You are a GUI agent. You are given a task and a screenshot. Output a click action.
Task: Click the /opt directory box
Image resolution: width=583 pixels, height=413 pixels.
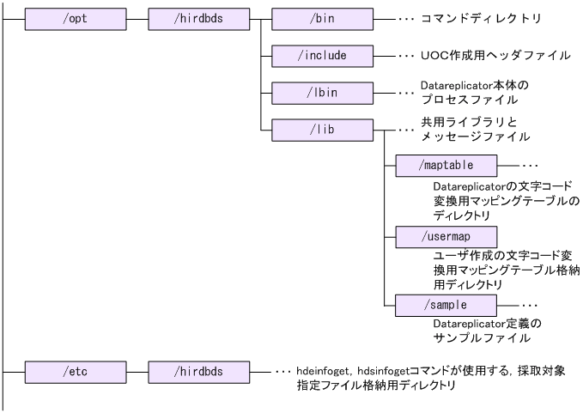[x=75, y=16]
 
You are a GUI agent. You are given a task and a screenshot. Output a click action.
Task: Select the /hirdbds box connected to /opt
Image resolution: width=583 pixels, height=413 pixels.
[x=197, y=16]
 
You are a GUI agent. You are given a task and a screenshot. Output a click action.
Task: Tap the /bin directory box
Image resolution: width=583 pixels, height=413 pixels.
[x=322, y=16]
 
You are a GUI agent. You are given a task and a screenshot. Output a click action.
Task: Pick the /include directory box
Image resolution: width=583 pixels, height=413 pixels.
[x=322, y=54]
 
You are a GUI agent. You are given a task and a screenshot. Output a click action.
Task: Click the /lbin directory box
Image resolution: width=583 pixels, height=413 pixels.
[x=322, y=91]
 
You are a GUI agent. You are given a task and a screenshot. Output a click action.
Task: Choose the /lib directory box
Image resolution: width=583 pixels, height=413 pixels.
[x=322, y=130]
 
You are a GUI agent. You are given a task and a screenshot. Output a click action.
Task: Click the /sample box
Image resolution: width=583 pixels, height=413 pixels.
[x=446, y=305]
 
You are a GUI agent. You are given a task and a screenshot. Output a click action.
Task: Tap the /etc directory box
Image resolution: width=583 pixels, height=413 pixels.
[x=75, y=373]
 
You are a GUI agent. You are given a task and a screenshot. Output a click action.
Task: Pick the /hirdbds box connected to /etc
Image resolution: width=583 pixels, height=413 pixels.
[x=197, y=373]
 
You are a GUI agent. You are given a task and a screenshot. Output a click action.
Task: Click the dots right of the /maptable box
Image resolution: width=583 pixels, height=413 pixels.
[x=529, y=163]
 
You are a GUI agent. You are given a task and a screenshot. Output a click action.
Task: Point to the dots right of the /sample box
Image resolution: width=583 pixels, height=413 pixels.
[x=529, y=305]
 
